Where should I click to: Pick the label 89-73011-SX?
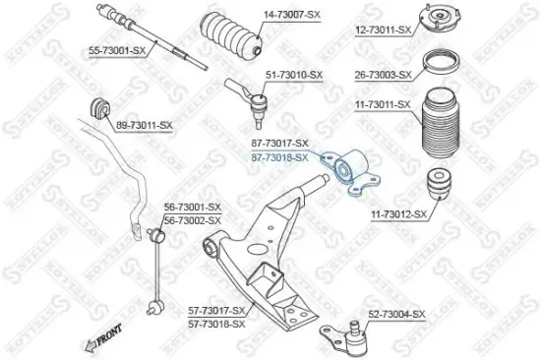click(145, 126)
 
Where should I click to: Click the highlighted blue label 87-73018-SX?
click(279, 156)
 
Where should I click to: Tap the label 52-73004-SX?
click(396, 314)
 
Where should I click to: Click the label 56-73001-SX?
click(193, 207)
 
